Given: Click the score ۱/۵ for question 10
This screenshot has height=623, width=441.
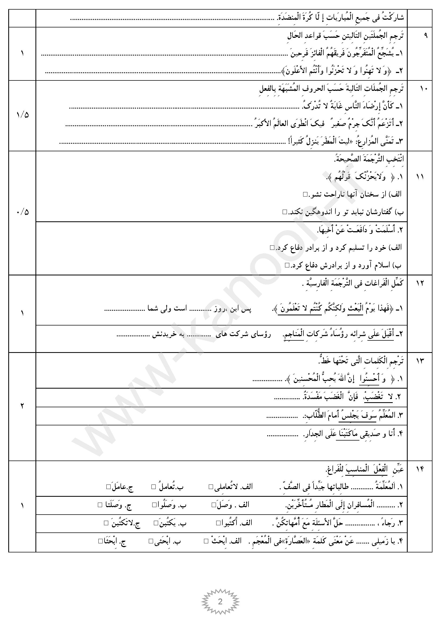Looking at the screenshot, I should coord(22,115).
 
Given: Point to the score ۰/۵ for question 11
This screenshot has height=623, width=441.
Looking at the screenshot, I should coord(22,212).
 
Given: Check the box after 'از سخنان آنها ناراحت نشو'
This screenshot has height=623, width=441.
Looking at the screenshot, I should coord(305,194).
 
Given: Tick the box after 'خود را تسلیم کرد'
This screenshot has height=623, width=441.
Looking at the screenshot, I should coord(272,247).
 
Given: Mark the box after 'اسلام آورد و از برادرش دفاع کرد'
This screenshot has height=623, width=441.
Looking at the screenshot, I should coord(287,265).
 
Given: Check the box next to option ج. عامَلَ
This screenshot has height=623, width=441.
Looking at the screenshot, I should coord(109,487).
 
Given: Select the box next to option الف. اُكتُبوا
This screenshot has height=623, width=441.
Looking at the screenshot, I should coord(218,523).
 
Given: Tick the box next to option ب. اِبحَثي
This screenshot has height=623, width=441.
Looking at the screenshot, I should coord(151,541).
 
